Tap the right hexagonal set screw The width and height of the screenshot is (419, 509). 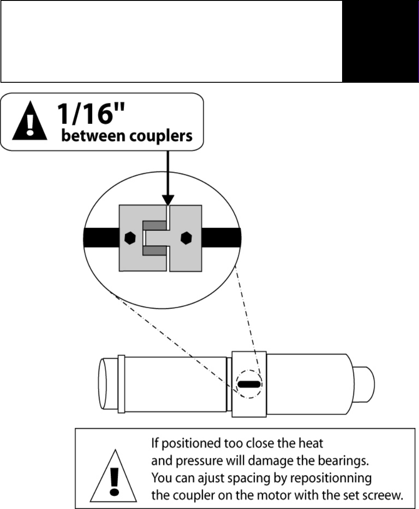pyautogui.click(x=184, y=238)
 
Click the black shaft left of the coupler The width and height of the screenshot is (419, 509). pyautogui.click(x=101, y=238)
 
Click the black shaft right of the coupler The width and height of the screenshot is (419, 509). pyautogui.click(x=221, y=238)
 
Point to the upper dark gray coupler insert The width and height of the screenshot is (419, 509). pyautogui.click(x=154, y=225)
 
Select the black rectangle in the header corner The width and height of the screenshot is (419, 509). pyautogui.click(x=380, y=41)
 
